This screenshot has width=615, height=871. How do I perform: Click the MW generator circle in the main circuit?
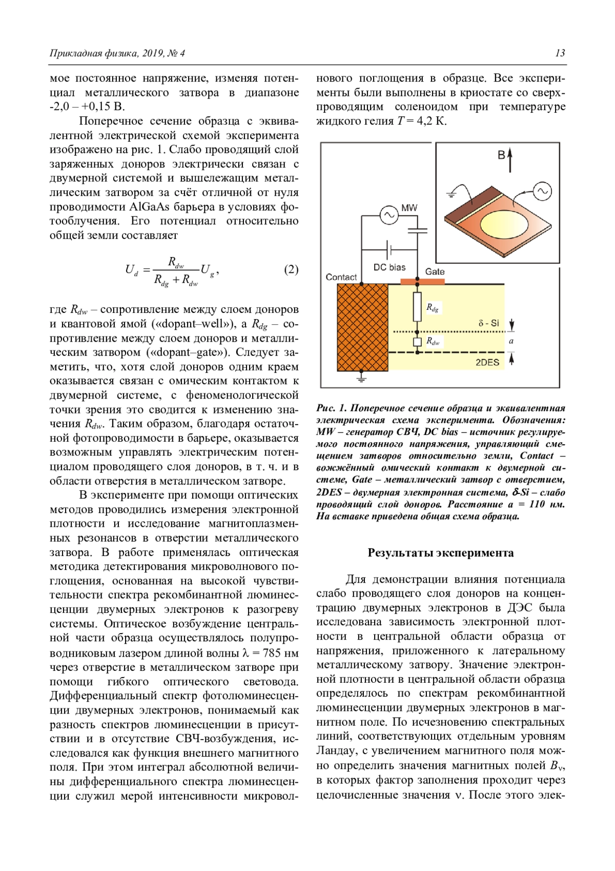coord(389,215)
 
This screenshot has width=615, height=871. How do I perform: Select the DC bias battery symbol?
coord(390,250)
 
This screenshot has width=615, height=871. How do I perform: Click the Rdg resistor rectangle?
coord(418,307)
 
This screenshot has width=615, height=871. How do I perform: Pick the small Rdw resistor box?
coord(418,342)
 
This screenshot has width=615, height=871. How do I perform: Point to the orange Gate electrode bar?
coord(422,281)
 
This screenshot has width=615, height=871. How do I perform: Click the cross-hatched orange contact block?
coord(362,327)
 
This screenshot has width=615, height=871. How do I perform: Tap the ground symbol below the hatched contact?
coord(362,379)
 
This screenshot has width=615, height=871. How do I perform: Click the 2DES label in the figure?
coord(487,362)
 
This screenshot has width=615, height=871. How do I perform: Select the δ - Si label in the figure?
coord(488,323)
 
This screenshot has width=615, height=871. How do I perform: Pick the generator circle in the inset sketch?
coord(542,191)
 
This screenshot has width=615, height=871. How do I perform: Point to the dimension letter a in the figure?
coord(511,341)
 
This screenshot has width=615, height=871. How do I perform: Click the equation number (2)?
coord(291,269)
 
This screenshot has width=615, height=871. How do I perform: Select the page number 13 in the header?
coord(560,53)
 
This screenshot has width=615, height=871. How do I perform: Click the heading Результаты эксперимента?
coord(440,552)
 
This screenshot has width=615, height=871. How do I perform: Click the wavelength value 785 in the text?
coord(272,653)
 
